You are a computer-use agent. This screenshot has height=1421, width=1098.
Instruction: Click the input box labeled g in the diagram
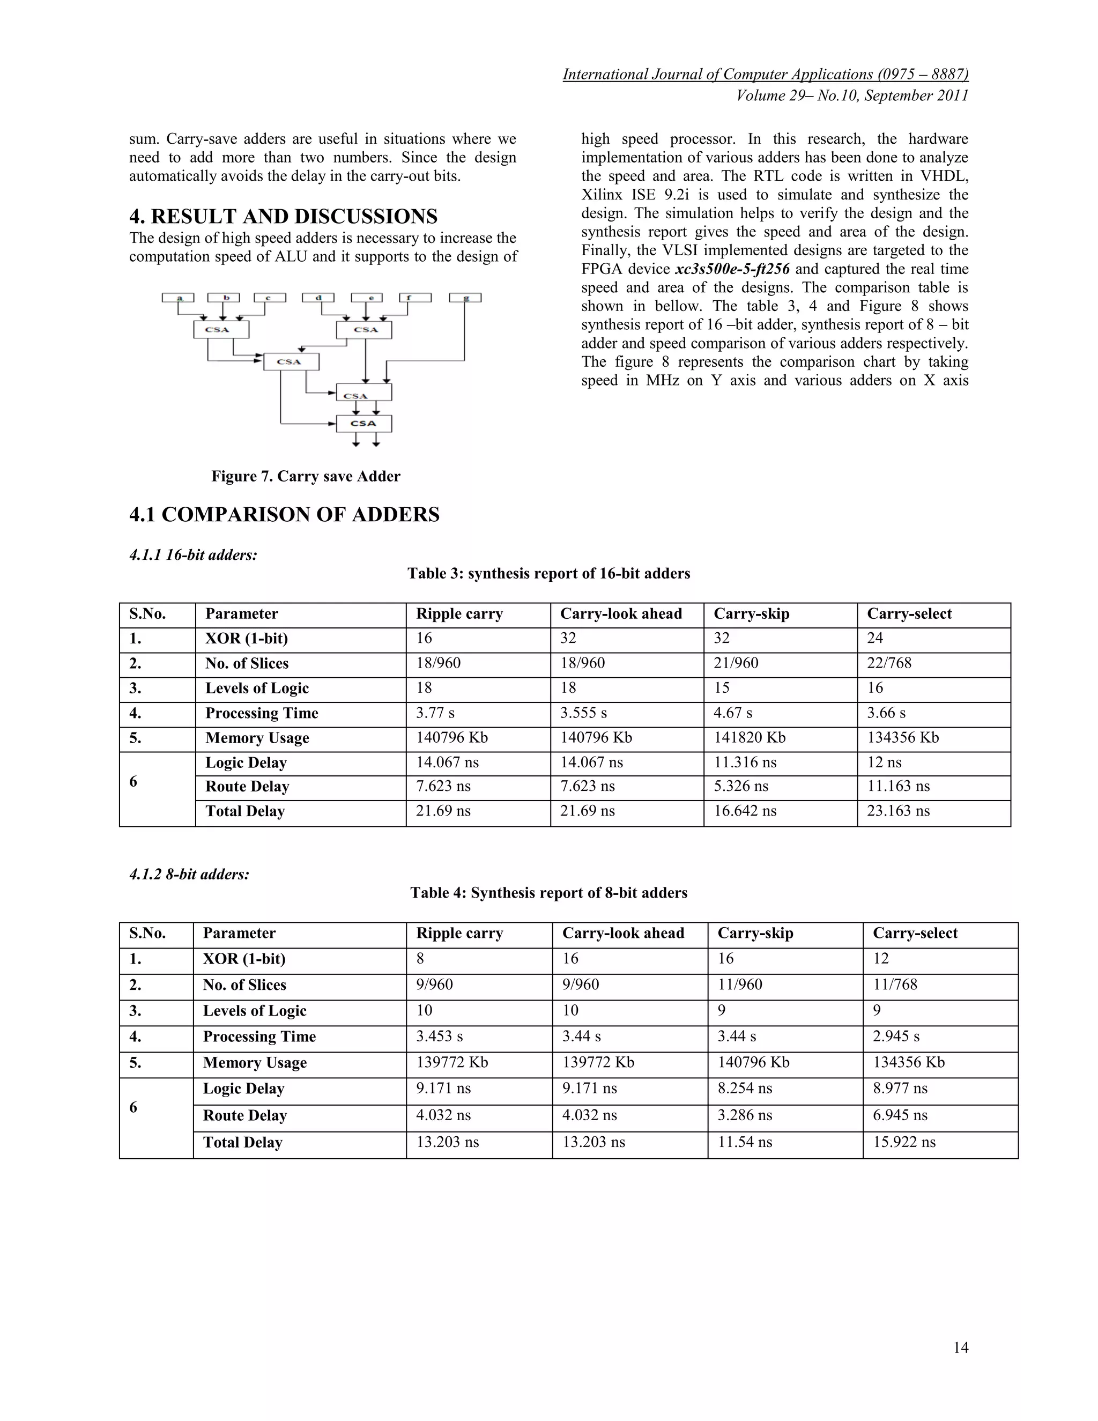[465, 298]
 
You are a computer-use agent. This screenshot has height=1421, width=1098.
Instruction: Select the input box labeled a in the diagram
[178, 298]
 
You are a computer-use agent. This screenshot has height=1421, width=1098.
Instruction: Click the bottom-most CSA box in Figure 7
[363, 424]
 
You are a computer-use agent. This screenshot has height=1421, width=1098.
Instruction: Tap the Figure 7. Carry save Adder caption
[306, 476]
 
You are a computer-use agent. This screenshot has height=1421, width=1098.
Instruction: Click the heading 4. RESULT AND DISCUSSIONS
[283, 217]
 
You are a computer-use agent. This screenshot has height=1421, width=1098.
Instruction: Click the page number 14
[960, 1348]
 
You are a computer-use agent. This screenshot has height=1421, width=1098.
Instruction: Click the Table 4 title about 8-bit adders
[548, 893]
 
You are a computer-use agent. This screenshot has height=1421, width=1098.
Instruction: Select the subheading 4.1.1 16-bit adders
[193, 555]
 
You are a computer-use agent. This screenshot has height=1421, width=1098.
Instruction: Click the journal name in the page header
[765, 75]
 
